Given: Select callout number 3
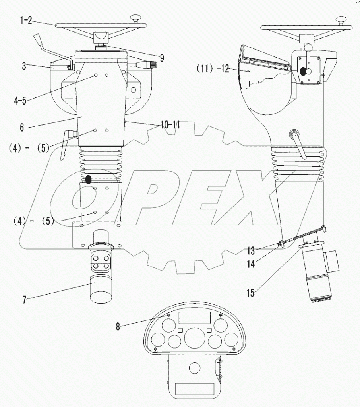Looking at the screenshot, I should click(x=24, y=66).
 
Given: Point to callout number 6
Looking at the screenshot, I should click(x=22, y=128).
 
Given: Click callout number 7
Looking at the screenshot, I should click(x=25, y=299).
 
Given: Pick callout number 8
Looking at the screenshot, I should click(x=118, y=326).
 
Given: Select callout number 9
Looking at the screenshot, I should click(x=161, y=57).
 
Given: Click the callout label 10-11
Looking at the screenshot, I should click(x=170, y=126).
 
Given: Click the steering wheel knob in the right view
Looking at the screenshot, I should click(x=341, y=19).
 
